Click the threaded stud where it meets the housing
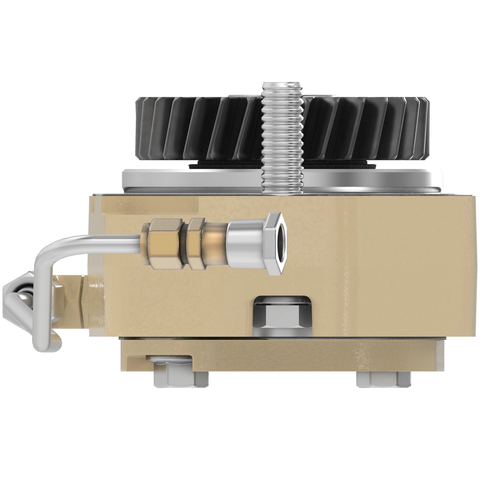[x=282, y=190]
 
